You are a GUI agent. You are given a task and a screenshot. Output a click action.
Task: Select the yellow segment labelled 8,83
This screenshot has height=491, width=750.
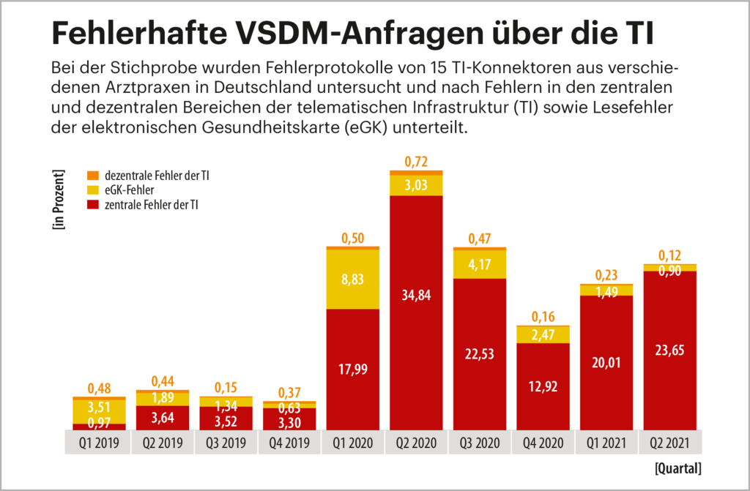(353, 280)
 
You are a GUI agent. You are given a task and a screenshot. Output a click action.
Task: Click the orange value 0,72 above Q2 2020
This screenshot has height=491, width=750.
(416, 161)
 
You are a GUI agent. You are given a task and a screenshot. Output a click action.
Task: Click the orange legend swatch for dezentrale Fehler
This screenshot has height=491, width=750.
(92, 176)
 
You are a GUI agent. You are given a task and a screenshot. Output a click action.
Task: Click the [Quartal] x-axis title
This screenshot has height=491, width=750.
(677, 466)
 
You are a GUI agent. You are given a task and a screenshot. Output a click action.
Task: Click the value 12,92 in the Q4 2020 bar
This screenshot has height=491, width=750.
(543, 386)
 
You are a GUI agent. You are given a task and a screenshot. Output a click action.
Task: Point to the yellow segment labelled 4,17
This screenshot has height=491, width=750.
(480, 264)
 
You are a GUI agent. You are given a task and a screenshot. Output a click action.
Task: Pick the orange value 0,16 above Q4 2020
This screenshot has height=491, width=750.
(543, 317)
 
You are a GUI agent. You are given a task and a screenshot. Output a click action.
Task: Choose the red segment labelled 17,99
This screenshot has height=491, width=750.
(353, 370)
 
